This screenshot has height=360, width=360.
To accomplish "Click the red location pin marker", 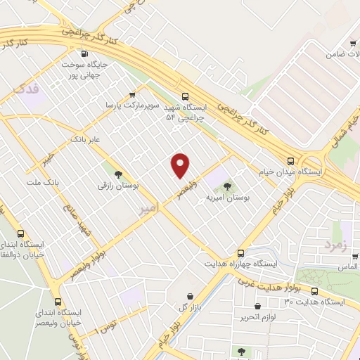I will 181,165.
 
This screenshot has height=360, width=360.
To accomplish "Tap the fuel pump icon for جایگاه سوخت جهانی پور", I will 85,53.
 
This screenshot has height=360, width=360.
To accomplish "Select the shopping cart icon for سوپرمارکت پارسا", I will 132,94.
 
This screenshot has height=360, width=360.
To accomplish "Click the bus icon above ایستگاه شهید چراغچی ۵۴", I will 186,96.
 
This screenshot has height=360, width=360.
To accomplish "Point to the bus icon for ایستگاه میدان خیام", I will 291,160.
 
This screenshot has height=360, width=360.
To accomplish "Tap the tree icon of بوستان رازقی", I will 117,174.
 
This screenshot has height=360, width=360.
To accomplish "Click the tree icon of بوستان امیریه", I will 226,186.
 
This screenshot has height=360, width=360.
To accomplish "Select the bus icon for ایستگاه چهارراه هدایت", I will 241,252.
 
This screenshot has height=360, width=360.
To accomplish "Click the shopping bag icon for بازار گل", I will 190,297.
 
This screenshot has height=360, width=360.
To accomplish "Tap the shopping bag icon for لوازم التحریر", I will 258,307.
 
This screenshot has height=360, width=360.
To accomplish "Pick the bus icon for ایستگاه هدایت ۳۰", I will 314,290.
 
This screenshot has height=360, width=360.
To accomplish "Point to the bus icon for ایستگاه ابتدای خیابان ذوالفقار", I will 21,233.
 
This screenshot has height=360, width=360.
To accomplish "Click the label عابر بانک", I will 85,140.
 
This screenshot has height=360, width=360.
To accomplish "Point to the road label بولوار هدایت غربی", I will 270,282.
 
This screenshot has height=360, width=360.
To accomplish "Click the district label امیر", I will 146,210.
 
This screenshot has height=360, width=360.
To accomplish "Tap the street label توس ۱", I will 106,326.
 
